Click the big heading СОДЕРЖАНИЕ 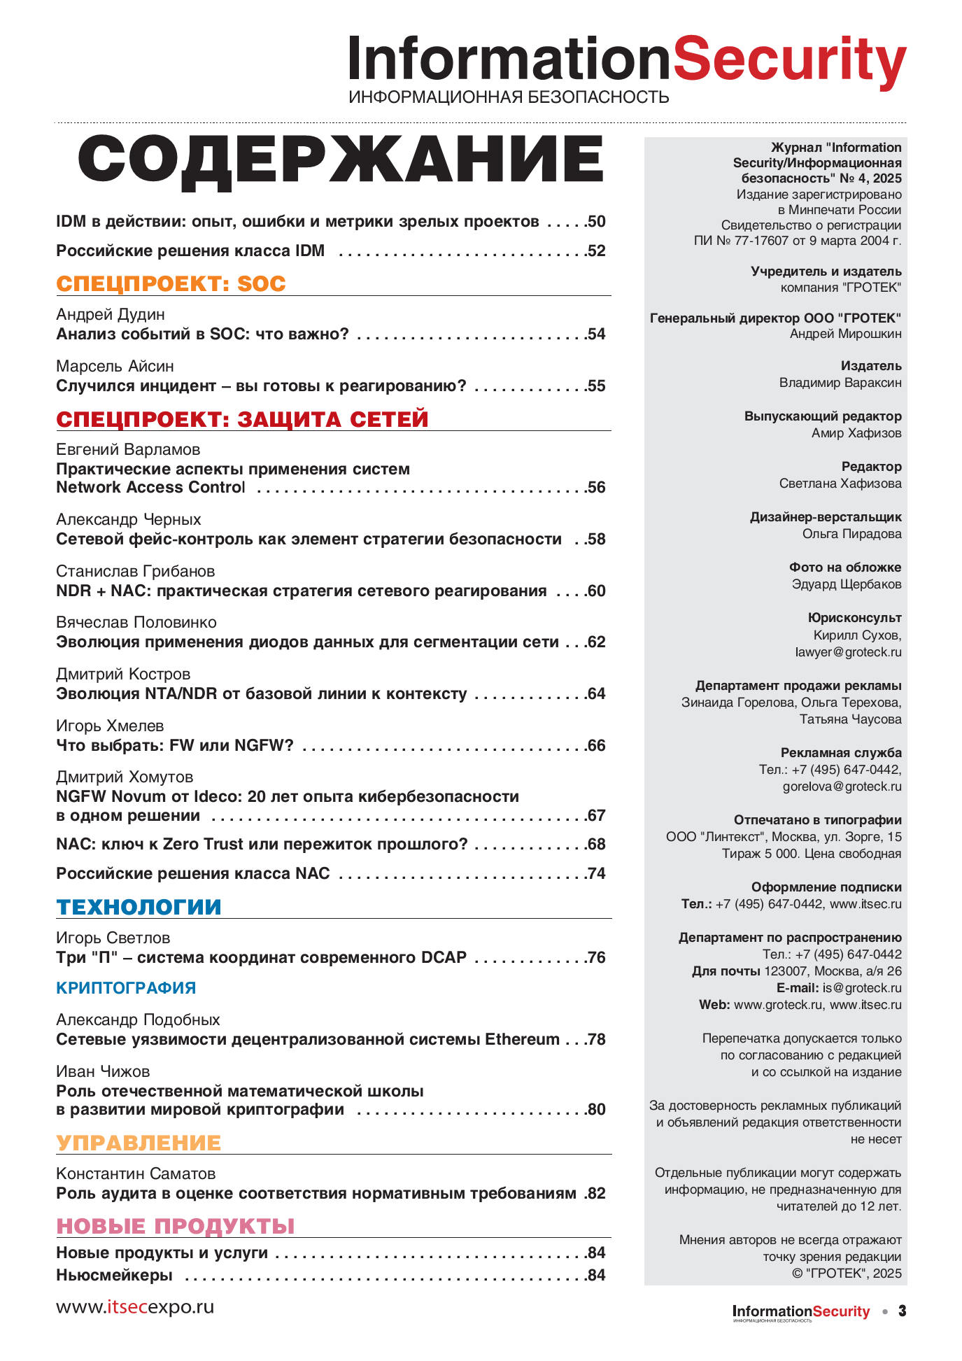pyautogui.click(x=341, y=159)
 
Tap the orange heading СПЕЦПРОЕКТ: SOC pyautogui.click(x=171, y=283)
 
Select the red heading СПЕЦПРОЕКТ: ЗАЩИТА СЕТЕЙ pyautogui.click(x=242, y=419)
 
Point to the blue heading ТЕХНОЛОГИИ pyautogui.click(x=139, y=907)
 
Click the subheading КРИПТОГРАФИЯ pyautogui.click(x=126, y=988)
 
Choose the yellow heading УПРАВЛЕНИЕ pyautogui.click(x=139, y=1143)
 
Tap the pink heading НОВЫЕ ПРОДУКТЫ pyautogui.click(x=176, y=1226)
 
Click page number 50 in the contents pyautogui.click(x=596, y=222)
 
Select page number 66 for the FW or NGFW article pyautogui.click(x=596, y=745)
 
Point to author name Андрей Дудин pyautogui.click(x=111, y=315)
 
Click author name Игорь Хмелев pyautogui.click(x=110, y=726)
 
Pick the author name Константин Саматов pyautogui.click(x=136, y=1173)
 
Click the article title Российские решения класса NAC pyautogui.click(x=193, y=873)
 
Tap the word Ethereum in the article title pyautogui.click(x=522, y=1039)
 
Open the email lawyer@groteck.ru pyautogui.click(x=848, y=652)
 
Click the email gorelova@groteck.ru pyautogui.click(x=842, y=787)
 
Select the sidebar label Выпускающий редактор pyautogui.click(x=823, y=416)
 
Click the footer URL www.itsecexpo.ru pyautogui.click(x=135, y=1307)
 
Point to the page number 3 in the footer pyautogui.click(x=902, y=1311)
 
